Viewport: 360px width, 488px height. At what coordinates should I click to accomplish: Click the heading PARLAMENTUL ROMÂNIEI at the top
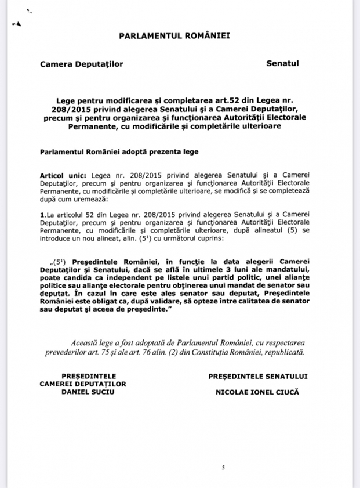(x=174, y=35)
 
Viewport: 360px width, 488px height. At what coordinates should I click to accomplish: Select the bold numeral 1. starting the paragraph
(x=42, y=215)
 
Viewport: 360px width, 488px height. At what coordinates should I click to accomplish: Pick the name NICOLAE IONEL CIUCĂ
(x=257, y=392)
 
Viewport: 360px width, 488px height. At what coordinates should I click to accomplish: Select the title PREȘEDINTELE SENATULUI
(x=257, y=376)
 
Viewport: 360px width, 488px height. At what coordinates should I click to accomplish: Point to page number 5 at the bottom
(x=223, y=467)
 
